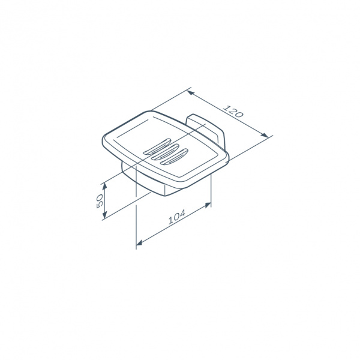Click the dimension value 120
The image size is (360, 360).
tap(233, 112)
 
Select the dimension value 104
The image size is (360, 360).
tap(176, 217)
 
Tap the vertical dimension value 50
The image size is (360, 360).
tap(100, 200)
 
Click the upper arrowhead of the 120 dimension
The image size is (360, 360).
tap(190, 93)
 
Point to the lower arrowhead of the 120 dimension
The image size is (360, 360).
tap(265, 135)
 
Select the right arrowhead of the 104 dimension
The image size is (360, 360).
tap(208, 205)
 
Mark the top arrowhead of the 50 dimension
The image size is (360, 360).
tap(104, 186)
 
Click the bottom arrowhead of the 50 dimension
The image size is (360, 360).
tap(104, 215)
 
